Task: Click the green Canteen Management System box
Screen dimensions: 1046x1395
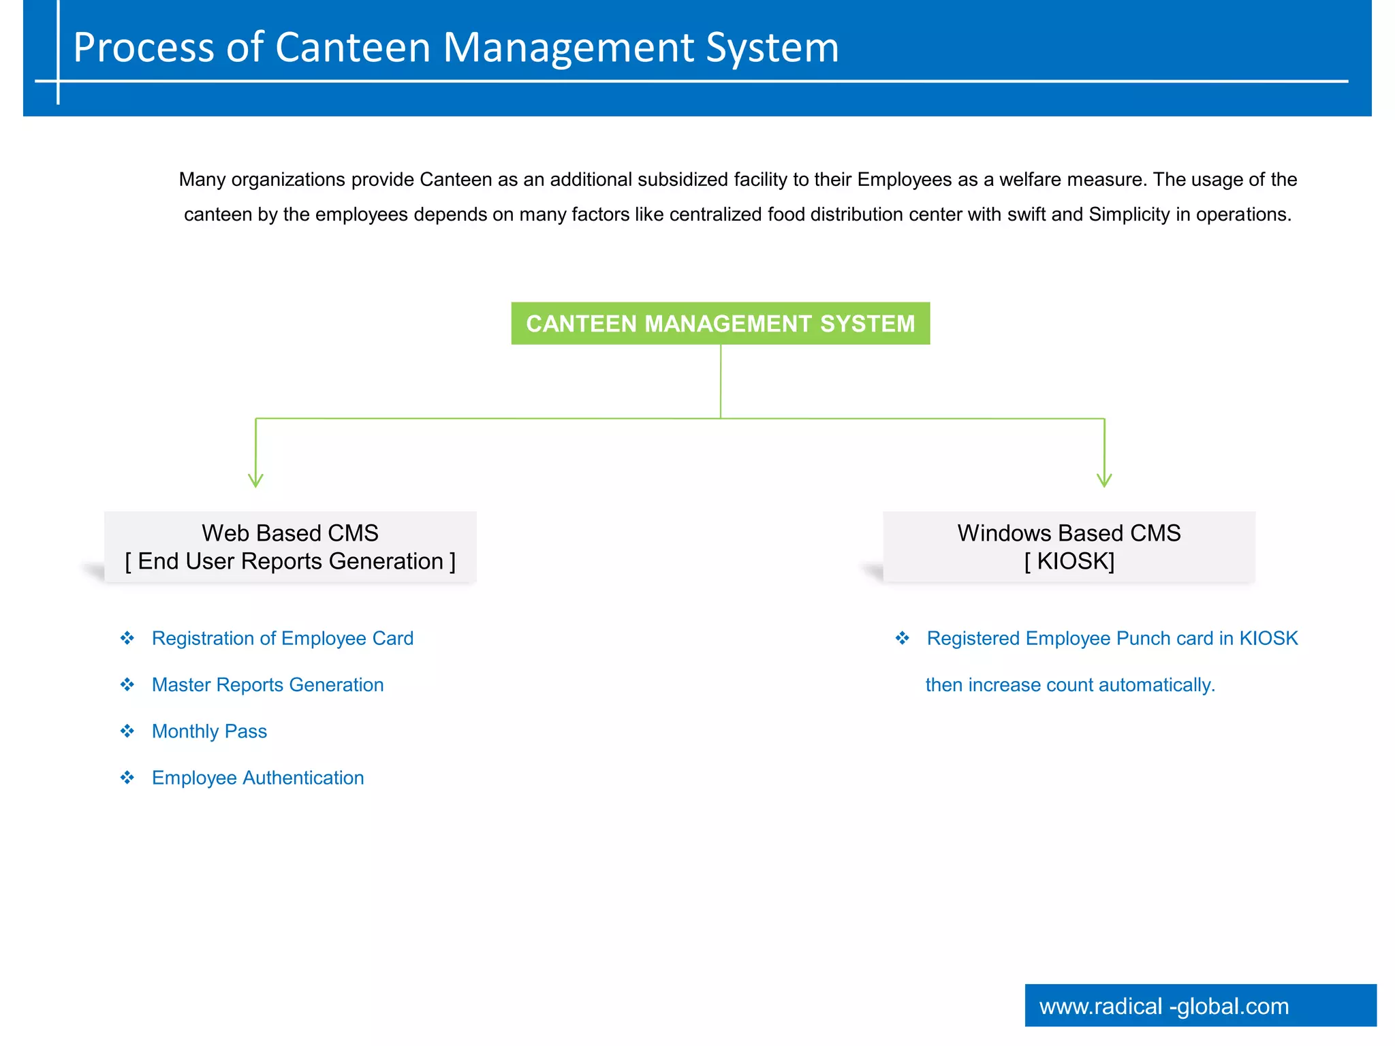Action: click(720, 323)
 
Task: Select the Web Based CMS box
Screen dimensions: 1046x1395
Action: click(290, 547)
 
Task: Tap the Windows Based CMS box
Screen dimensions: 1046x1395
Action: click(1069, 547)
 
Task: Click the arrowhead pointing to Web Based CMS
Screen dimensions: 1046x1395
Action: click(255, 480)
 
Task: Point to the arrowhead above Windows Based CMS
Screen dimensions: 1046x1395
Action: click(1104, 480)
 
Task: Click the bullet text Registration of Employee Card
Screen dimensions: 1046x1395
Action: click(282, 638)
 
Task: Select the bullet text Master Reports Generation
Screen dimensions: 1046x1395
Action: click(268, 684)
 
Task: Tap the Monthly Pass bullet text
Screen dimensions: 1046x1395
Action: click(209, 731)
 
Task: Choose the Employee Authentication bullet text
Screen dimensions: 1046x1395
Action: click(257, 778)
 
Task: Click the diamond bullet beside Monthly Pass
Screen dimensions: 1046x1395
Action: click(127, 731)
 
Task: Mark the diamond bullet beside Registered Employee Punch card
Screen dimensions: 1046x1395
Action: click(903, 638)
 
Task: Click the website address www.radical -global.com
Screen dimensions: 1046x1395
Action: click(1163, 1006)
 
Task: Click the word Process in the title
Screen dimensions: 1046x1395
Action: click(144, 48)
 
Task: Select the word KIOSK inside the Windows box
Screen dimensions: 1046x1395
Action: click(1074, 561)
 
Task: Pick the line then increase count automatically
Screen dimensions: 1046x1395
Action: click(1070, 684)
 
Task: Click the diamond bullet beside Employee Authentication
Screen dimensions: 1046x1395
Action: click(127, 778)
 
